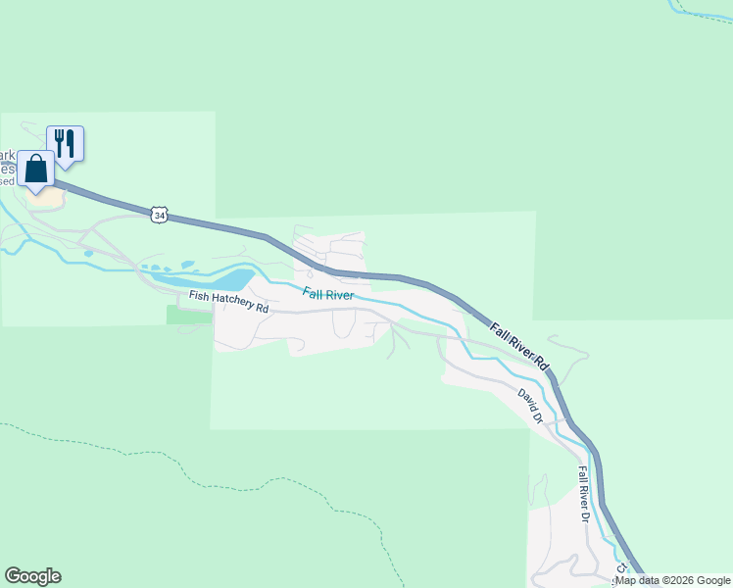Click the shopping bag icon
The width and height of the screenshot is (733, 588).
coord(36,169)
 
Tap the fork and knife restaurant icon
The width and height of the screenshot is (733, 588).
coord(65,143)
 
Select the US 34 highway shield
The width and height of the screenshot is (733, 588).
coord(159,214)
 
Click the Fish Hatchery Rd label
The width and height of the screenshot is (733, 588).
coord(228,301)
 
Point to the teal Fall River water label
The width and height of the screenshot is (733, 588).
coord(328,293)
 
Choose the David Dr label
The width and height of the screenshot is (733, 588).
coord(530,405)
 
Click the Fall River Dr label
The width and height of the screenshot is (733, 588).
coord(583,494)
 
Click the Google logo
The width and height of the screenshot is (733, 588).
coord(32,576)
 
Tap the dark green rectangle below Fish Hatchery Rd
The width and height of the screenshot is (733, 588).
coord(189,315)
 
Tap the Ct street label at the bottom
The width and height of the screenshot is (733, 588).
coord(620,568)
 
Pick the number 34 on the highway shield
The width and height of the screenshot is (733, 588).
coord(159,214)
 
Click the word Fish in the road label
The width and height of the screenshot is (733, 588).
coord(199,296)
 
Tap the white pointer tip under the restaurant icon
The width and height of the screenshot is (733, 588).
coord(65,167)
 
